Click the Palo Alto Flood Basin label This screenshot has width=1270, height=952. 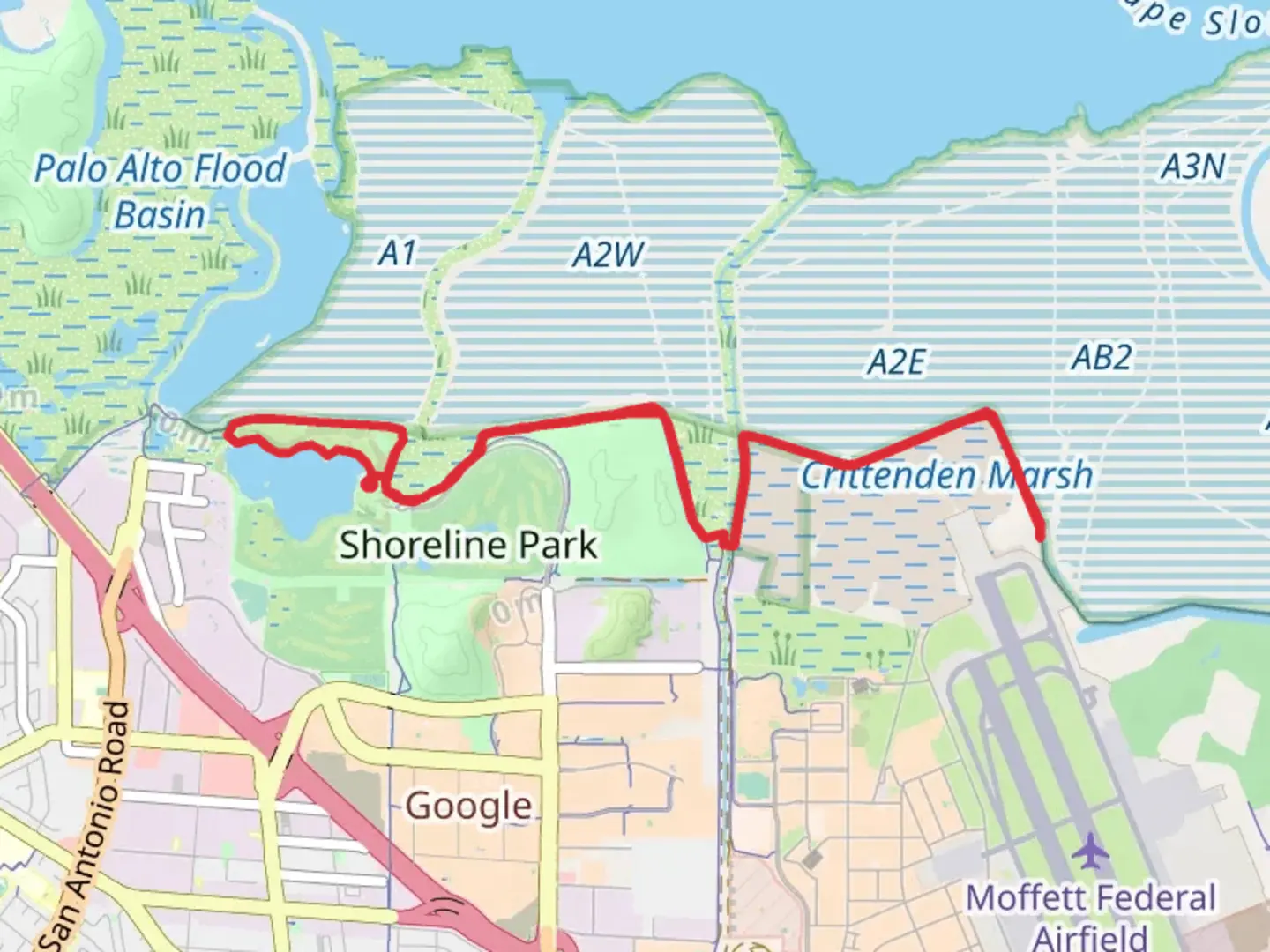161,190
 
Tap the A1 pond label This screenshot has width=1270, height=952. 397,254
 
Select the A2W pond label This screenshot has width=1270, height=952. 609,255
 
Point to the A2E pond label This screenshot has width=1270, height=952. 896,361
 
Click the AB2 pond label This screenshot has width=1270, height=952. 1102,357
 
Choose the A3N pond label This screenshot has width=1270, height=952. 1193,167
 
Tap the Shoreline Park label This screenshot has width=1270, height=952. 468,545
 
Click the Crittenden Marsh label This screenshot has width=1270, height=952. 946,476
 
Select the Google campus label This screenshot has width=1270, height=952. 468,806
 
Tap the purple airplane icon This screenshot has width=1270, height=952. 1092,852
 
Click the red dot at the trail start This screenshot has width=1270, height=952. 370,483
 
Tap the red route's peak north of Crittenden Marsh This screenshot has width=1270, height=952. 989,412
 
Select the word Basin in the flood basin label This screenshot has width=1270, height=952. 160,215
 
